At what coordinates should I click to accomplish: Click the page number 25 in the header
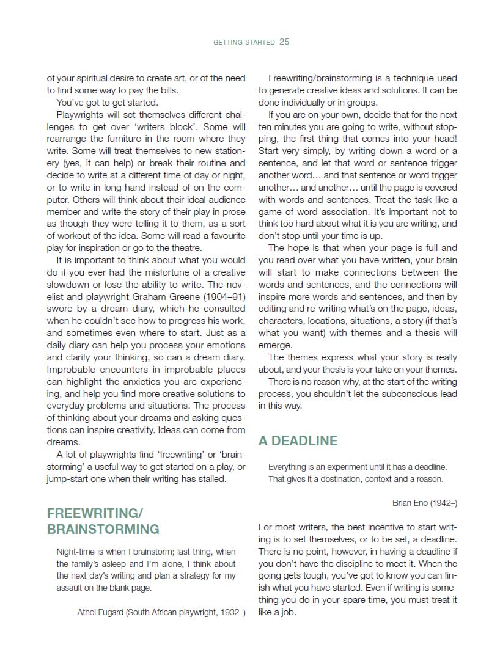pyautogui.click(x=284, y=42)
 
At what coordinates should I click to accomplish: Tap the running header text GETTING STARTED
pyautogui.click(x=244, y=43)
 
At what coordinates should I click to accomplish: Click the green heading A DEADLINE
pyautogui.click(x=298, y=441)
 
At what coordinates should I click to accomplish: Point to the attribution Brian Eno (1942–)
pyautogui.click(x=425, y=503)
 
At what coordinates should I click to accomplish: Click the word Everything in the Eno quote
pyautogui.click(x=290, y=467)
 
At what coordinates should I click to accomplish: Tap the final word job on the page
pyautogui.click(x=288, y=612)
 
